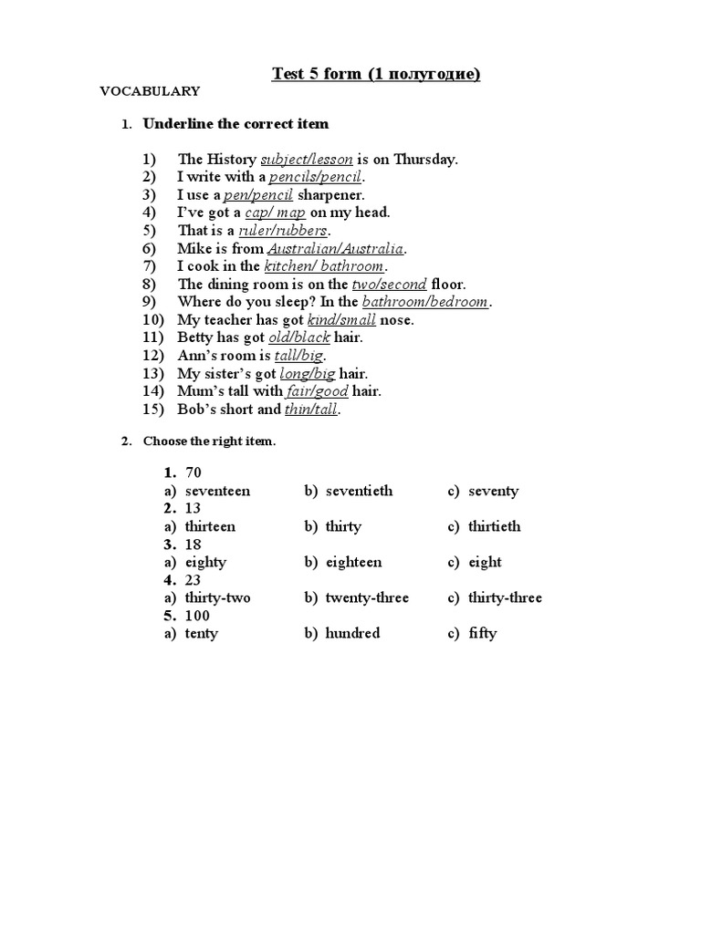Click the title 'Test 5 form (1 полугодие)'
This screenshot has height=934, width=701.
pos(375,74)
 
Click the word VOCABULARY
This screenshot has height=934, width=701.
pos(150,91)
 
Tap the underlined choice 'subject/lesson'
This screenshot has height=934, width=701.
pos(307,160)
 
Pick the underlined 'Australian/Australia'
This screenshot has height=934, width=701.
pos(335,248)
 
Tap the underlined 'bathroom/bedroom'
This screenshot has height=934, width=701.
pos(426,302)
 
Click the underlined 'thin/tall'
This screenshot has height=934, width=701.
pos(311,410)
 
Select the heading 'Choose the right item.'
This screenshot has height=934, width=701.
pos(209,441)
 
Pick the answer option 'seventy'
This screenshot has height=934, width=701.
pos(493,491)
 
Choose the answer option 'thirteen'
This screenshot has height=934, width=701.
pos(210,526)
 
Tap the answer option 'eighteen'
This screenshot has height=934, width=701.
pos(353,562)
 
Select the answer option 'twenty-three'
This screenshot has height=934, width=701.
pos(367,597)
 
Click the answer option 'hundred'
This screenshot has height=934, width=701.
pos(352,633)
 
